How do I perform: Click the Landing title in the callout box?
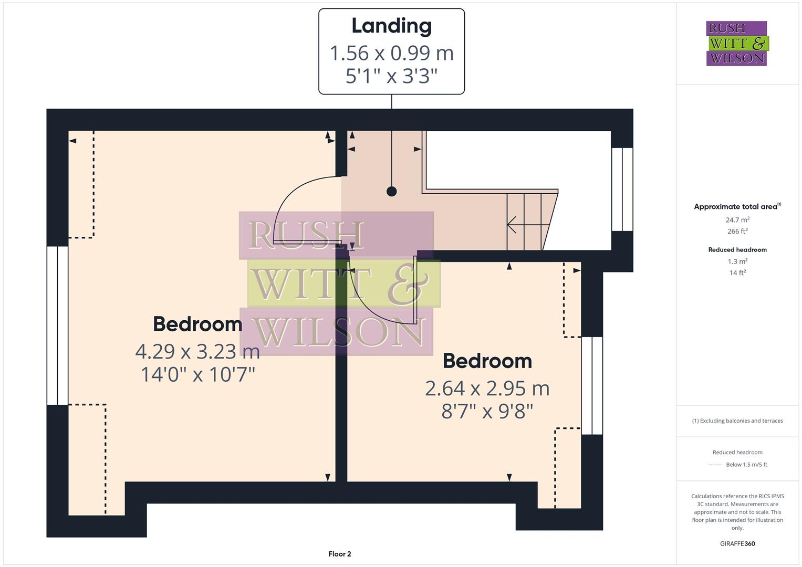click(391, 26)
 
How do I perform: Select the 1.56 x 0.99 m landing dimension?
click(391, 53)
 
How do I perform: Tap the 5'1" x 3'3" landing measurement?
click(391, 76)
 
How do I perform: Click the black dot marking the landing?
click(391, 192)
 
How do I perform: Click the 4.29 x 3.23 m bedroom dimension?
click(197, 351)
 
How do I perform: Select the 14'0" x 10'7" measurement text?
click(197, 374)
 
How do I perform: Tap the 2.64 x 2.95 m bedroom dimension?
click(487, 388)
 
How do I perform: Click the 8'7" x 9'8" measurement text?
click(487, 411)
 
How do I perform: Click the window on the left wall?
click(57, 325)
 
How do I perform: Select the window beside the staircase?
click(622, 189)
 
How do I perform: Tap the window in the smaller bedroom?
click(592, 385)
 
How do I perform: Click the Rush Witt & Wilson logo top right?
click(736, 44)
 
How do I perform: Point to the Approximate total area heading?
click(737, 207)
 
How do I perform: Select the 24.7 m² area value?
click(737, 220)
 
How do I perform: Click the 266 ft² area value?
click(737, 232)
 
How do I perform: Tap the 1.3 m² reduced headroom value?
click(737, 261)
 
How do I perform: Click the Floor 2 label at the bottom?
click(339, 554)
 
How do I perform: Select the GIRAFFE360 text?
click(737, 543)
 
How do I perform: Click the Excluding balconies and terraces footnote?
click(737, 421)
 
